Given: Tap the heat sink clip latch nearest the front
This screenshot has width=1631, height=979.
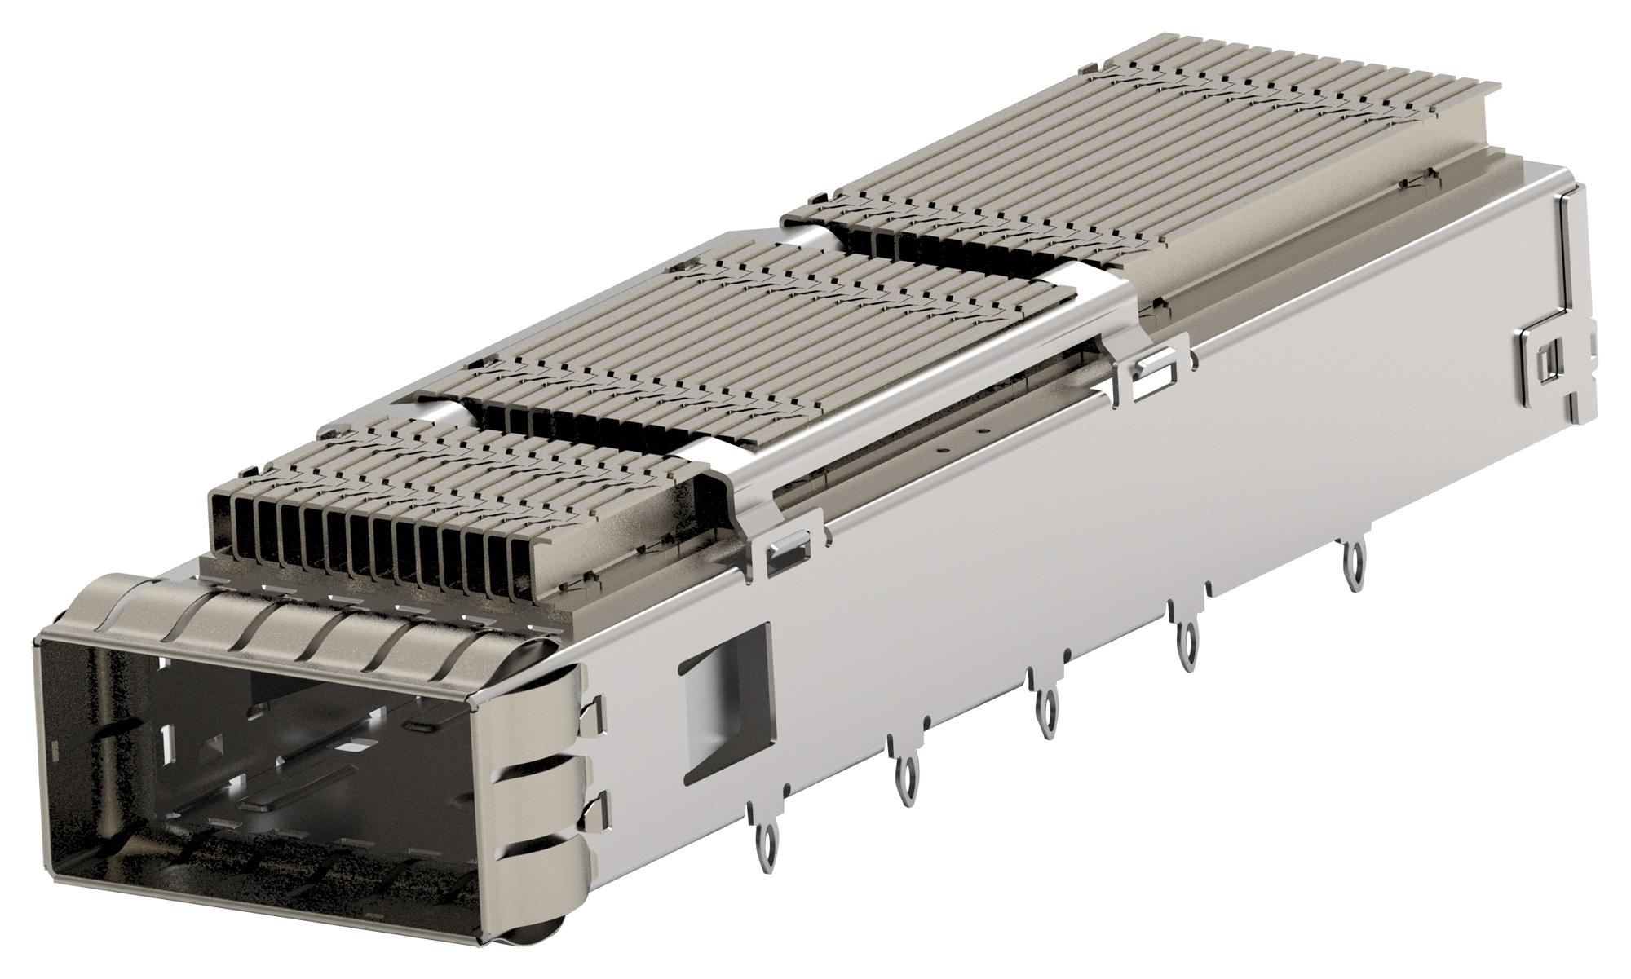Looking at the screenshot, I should point(788,555).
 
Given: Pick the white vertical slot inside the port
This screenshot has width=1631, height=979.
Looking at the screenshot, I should point(169,743).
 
